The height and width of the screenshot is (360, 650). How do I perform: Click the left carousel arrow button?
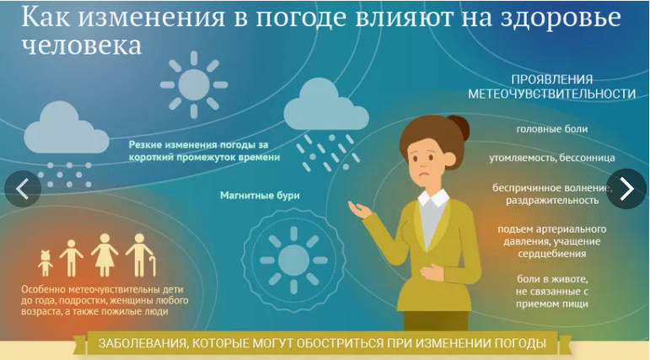[22, 189]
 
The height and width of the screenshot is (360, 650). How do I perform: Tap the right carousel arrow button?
[626, 189]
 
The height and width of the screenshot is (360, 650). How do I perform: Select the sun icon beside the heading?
[193, 84]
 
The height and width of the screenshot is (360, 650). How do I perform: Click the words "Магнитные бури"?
[260, 196]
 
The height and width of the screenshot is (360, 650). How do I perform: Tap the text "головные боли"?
[552, 129]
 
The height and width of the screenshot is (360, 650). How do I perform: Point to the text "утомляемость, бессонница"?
[551, 158]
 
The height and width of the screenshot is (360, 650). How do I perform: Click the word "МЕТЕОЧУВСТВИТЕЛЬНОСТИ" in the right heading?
[552, 94]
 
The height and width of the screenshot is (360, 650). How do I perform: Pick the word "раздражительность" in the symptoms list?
[552, 201]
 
